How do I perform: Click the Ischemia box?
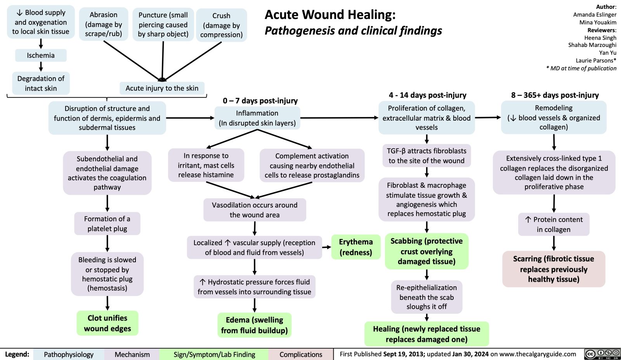pos(41,55)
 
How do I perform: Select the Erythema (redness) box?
pos(356,247)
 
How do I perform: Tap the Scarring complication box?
pos(553,269)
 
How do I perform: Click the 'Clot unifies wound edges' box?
pos(108,323)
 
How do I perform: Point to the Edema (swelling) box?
pos(254,325)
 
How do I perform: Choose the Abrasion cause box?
pos(103,24)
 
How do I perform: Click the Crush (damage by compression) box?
pos(221,25)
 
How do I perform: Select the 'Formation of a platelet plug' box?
pos(107,224)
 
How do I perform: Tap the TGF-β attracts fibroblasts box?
pos(426,156)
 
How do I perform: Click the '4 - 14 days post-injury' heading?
pos(427,95)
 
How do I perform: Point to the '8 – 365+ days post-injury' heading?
pos(555,95)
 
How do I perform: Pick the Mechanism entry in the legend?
pos(132,354)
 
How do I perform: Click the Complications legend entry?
pos(300,354)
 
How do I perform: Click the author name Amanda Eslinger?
pos(595,14)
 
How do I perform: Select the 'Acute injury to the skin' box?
pos(162,88)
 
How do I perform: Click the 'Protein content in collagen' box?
pos(553,224)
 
